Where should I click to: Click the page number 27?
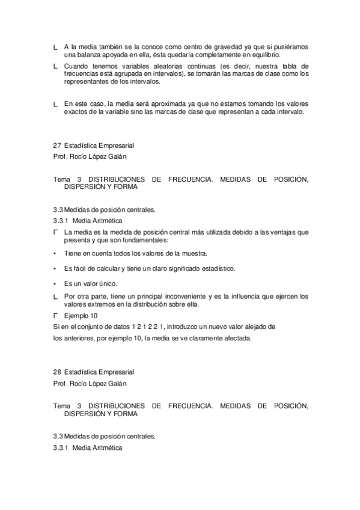tap(57, 145)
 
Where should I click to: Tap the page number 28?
tap(57, 372)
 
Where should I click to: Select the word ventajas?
tap(275, 232)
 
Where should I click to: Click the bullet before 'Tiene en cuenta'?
tap(55, 254)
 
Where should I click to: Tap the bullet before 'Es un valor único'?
tap(55, 283)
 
